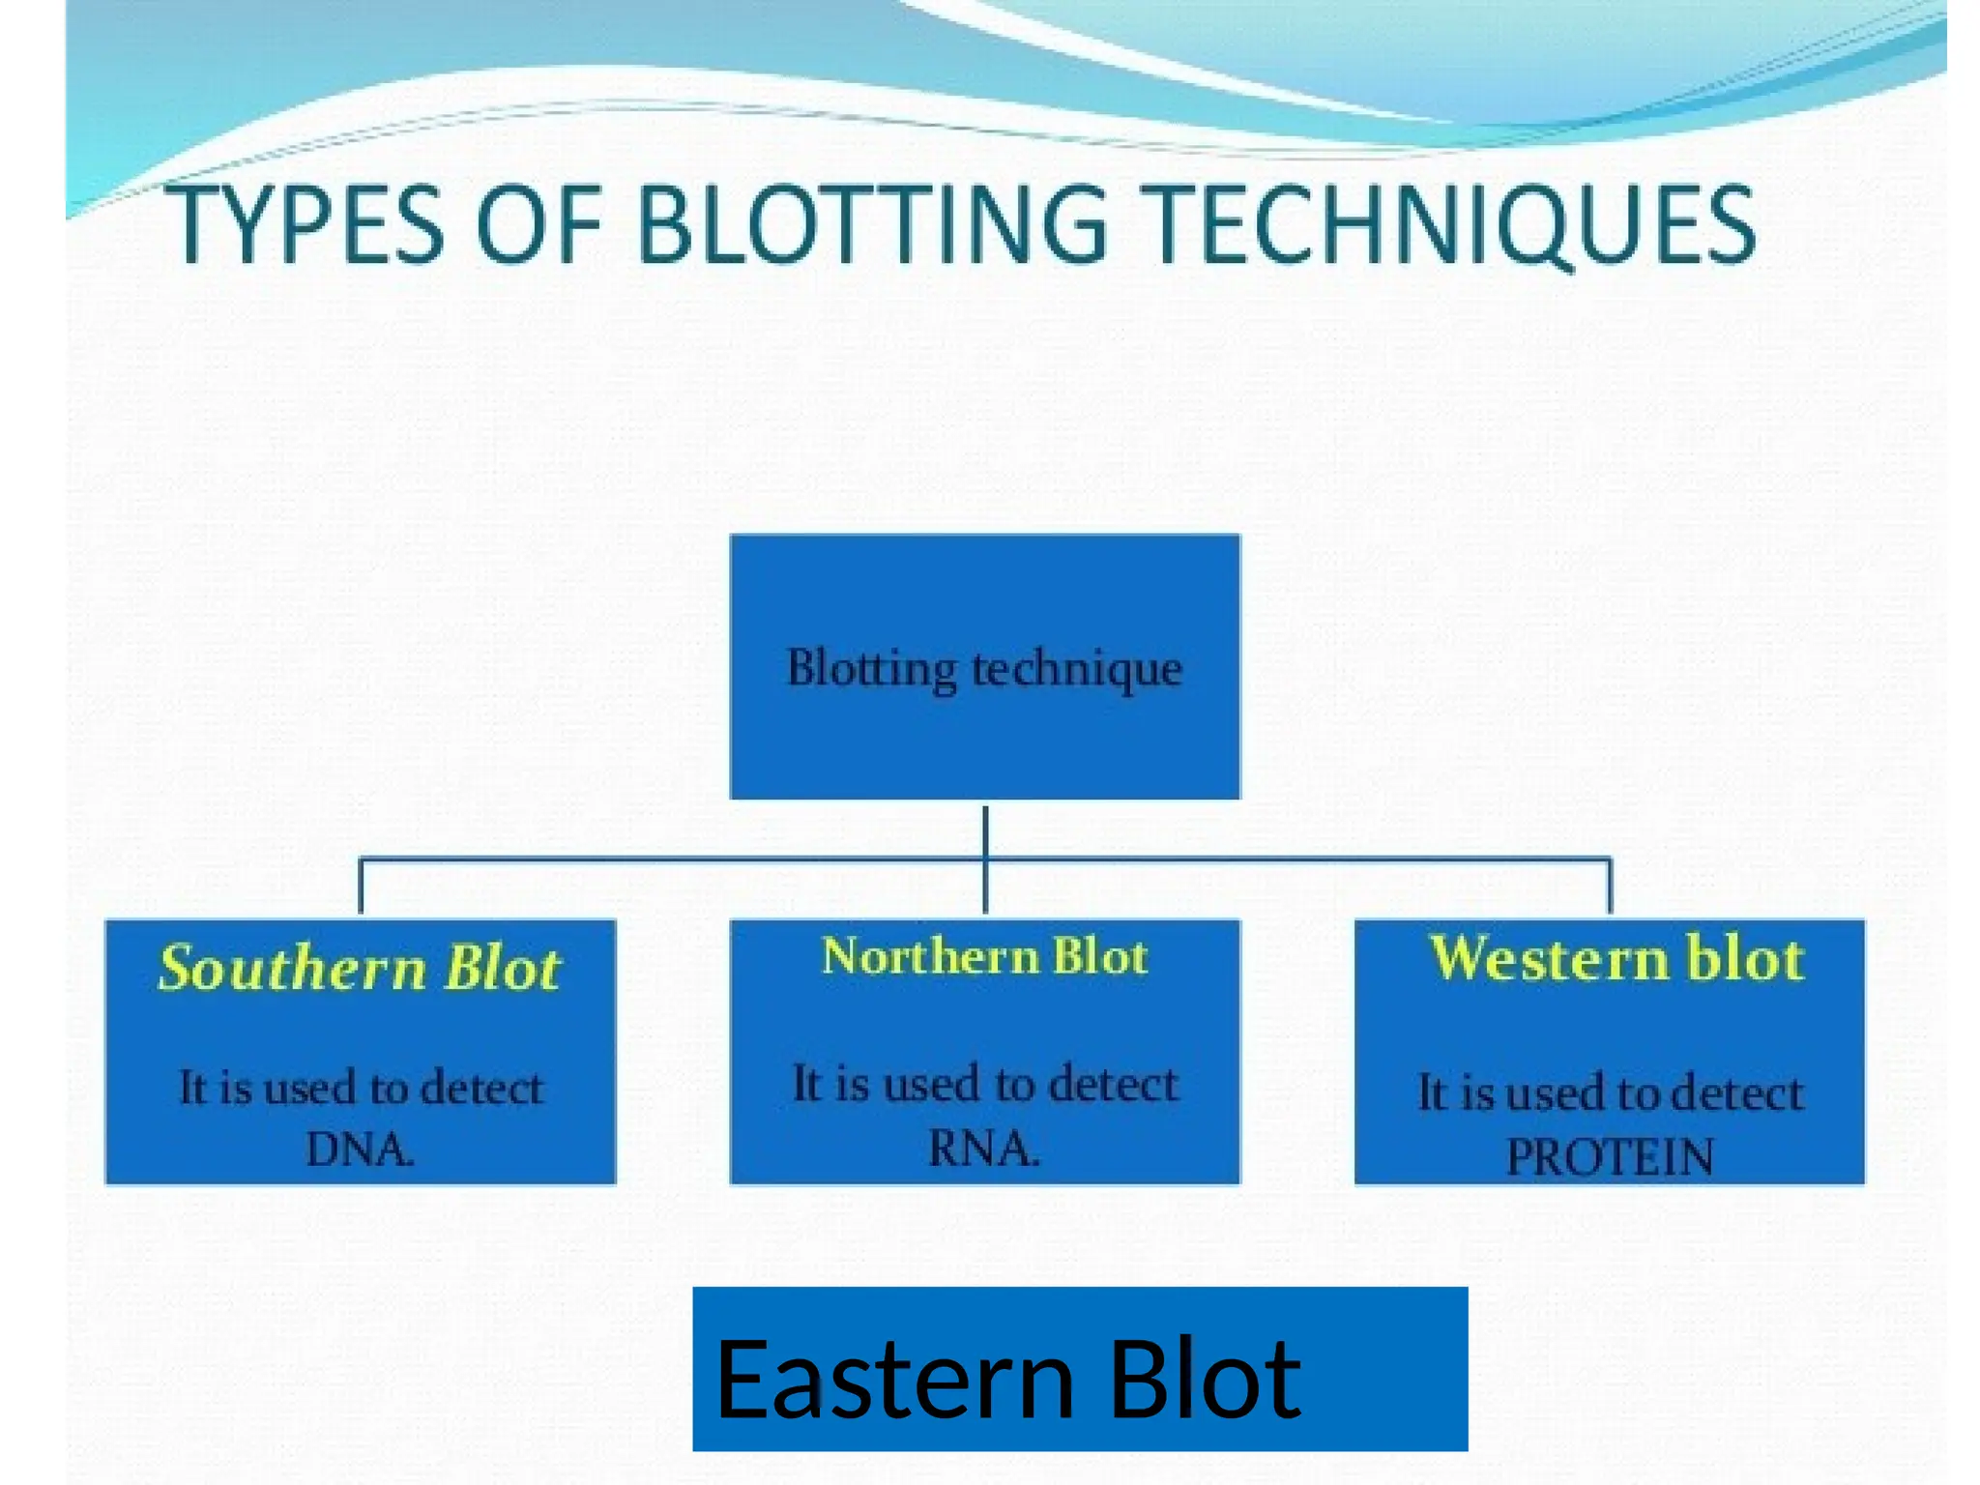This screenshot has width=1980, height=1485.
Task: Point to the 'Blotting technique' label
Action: click(x=984, y=668)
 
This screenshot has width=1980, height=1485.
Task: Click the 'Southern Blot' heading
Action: click(x=360, y=968)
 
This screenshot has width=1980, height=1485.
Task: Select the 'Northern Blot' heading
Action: click(x=984, y=956)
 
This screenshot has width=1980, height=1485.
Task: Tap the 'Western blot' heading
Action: click(x=1616, y=959)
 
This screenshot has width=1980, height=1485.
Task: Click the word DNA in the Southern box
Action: click(x=360, y=1150)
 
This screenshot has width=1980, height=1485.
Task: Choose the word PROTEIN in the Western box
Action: click(x=1610, y=1156)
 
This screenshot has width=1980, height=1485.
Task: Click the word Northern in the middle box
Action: click(x=929, y=956)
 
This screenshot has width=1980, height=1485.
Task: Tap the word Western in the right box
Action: click(x=1549, y=959)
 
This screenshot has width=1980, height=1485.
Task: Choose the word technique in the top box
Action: click(x=1076, y=668)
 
